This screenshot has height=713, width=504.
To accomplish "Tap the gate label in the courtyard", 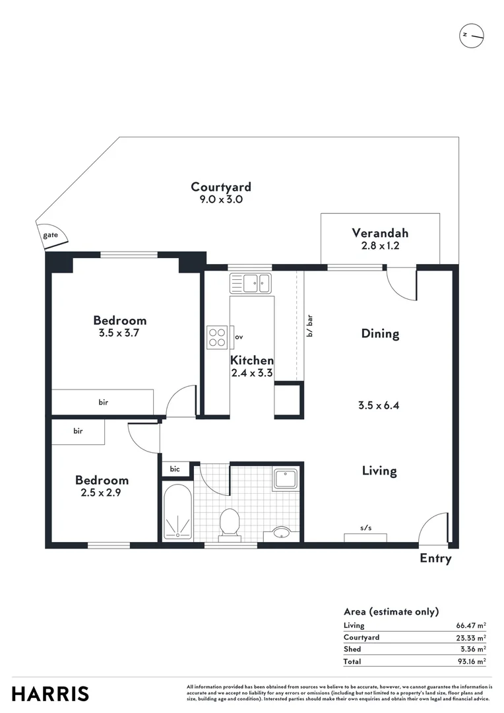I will tap(50, 235).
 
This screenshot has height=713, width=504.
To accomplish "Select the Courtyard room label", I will tap(220, 187).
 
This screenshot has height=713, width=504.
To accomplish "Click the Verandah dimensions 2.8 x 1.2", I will tap(379, 245).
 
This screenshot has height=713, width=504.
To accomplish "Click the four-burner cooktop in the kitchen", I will tap(217, 337).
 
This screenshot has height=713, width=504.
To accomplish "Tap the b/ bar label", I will tap(309, 326).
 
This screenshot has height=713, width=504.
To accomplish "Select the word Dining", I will tap(380, 333).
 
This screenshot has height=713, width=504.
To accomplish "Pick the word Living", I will tap(379, 471).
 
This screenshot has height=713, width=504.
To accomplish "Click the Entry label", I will tap(435, 559).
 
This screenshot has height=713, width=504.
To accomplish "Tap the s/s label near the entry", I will tap(365, 527).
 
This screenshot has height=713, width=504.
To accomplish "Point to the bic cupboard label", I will tap(175, 469).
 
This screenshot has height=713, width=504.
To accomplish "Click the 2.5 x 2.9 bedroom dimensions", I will tap(102, 492).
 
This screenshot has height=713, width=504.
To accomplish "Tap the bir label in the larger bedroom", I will tap(104, 402).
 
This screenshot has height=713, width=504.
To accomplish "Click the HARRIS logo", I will tap(51, 694).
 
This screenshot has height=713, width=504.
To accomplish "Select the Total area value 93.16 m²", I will tap(472, 661).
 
